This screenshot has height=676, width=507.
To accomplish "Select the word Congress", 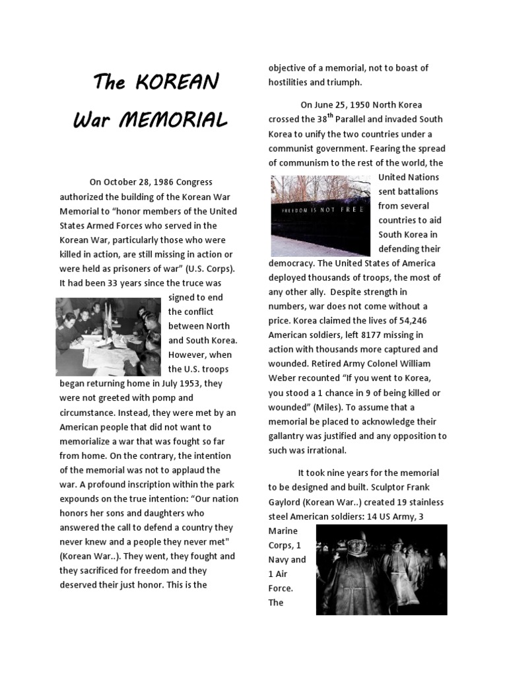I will (192, 182).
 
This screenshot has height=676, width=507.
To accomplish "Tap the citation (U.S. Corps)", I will (211, 269).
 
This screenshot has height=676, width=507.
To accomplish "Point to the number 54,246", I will (415, 321).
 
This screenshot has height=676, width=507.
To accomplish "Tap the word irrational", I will (324, 451).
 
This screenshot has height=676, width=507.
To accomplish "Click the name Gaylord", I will (287, 502).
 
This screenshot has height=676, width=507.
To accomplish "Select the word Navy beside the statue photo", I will (279, 560).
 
